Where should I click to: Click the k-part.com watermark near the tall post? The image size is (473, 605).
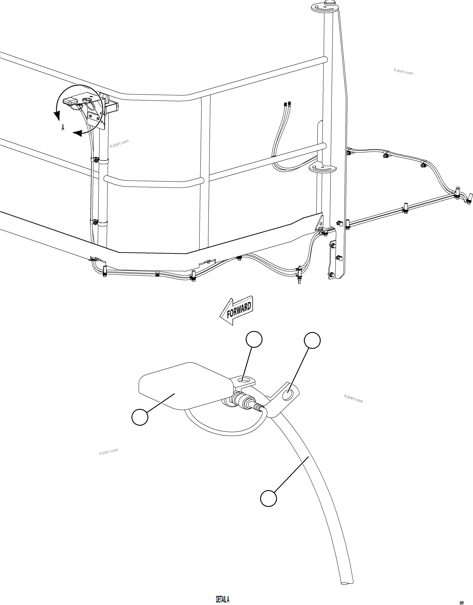(x=403, y=72)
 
